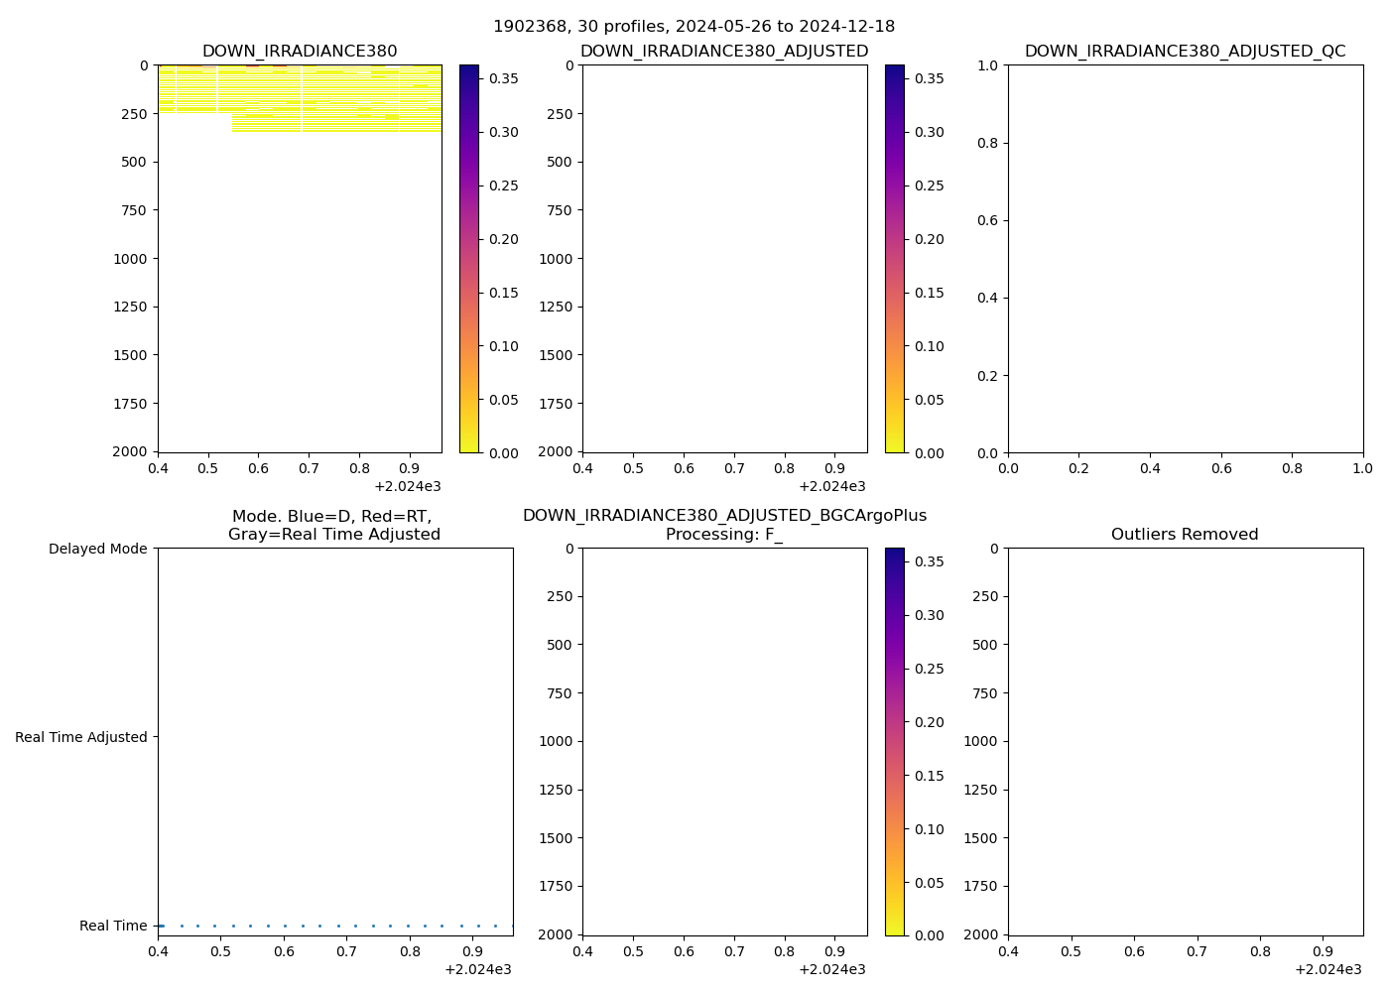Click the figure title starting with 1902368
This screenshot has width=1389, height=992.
coord(694,27)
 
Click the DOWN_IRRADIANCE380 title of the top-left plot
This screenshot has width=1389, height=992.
coord(300,52)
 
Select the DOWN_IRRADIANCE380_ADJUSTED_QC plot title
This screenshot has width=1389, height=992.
coord(1185,52)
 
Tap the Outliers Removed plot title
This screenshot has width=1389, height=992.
coord(1185,535)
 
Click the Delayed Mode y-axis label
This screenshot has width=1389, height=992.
coord(97,549)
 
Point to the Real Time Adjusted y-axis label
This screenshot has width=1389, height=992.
coord(81,737)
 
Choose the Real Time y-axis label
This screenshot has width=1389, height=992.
coord(113,926)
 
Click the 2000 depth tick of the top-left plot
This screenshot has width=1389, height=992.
coord(130,451)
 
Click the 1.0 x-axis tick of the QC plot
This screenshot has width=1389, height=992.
coord(1362,467)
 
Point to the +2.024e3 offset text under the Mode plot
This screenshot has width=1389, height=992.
coord(477,969)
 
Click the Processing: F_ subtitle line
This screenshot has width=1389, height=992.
coord(724,535)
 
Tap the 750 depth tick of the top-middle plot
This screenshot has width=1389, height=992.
coord(556,210)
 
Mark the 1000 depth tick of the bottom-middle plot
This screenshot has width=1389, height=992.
coord(556,741)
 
